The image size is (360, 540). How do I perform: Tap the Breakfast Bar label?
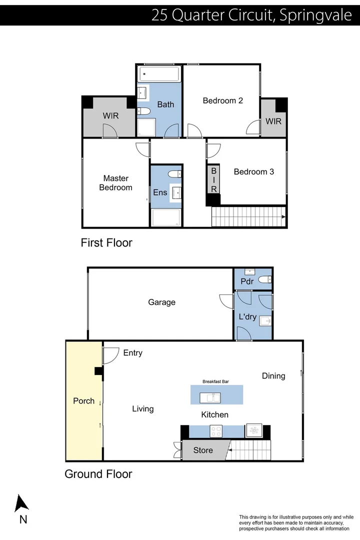pyautogui.click(x=215, y=381)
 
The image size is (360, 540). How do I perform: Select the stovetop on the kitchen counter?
pyautogui.click(x=216, y=430)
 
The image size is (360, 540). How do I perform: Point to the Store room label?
pyautogui.click(x=203, y=450)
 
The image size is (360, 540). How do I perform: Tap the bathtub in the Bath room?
pyautogui.click(x=159, y=76)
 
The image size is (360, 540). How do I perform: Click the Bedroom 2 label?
pyautogui.click(x=222, y=100)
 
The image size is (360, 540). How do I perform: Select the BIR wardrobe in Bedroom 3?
pyautogui.click(x=213, y=180)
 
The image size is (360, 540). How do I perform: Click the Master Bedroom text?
pyautogui.click(x=115, y=182)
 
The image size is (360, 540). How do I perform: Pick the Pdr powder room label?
pyautogui.click(x=247, y=281)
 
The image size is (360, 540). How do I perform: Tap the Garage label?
pyautogui.click(x=161, y=302)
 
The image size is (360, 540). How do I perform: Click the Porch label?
pyautogui.click(x=83, y=400)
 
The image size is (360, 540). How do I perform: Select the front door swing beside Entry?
pyautogui.click(x=109, y=355)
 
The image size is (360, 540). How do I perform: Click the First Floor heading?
pyautogui.click(x=106, y=243)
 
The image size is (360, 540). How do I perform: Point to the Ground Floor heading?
pyautogui.click(x=98, y=474)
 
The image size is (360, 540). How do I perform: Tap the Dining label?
pyautogui.click(x=273, y=375)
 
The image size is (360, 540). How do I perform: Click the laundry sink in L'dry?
pyautogui.click(x=265, y=321)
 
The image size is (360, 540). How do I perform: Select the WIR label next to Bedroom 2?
pyautogui.click(x=273, y=121)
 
